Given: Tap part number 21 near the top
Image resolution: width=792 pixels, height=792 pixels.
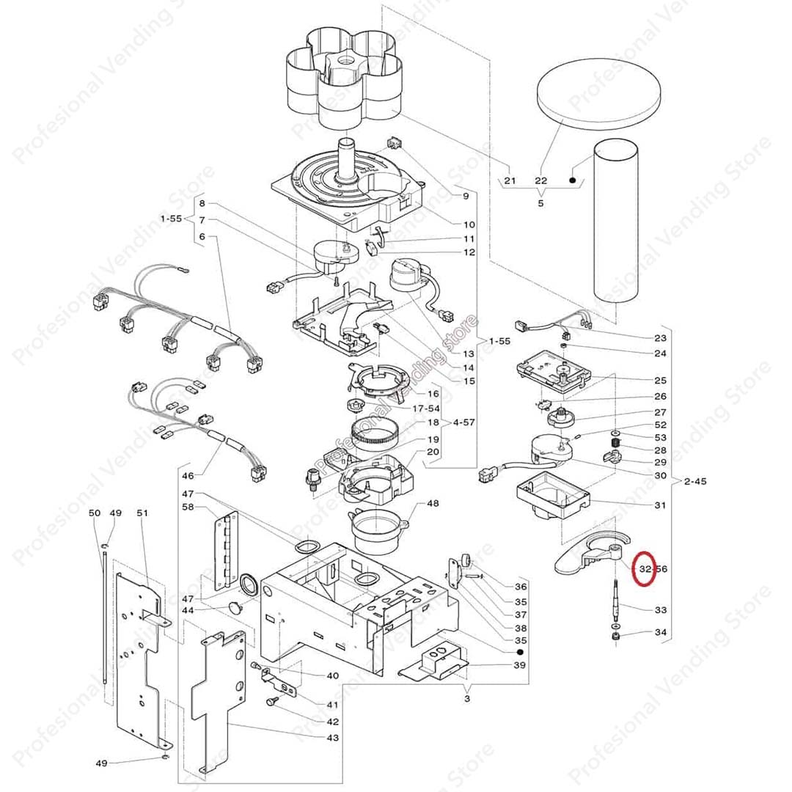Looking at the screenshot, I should pos(510,180).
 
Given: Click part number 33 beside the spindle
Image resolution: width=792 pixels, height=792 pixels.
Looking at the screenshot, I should pos(660,609).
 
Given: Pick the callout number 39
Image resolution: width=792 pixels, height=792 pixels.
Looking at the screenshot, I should pos(519,665).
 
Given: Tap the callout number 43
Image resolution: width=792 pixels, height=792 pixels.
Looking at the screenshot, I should pos(333,737).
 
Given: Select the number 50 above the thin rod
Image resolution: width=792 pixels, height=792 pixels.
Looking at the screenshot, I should pos(94,513).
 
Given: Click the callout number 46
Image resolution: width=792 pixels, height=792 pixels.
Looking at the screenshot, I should pos(188,476).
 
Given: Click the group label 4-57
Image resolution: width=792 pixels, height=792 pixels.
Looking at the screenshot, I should pos(464,423).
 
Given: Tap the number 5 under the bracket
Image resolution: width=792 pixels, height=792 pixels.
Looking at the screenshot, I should pos(540,203).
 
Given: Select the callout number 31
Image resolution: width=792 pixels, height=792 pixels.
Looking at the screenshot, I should pos(660,505).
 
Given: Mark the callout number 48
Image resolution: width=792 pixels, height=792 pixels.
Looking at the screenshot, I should pos(433,503).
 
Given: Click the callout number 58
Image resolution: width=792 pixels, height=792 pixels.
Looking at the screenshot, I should pos(188,507).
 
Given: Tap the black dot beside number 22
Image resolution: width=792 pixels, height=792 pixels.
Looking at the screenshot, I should pos(572,180).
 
